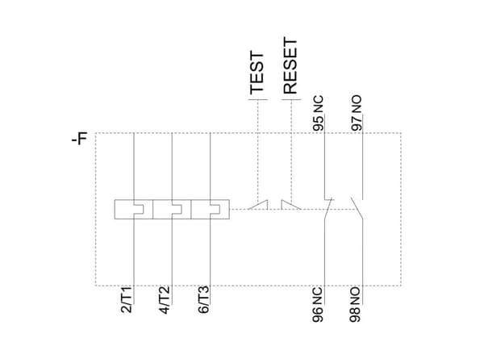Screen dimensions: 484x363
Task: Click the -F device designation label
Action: (x=80, y=138)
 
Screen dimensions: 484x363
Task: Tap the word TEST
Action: (x=257, y=73)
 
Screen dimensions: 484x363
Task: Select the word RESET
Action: (x=290, y=66)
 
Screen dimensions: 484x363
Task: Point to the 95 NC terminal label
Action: (x=319, y=113)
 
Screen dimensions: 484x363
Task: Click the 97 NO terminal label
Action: (x=357, y=113)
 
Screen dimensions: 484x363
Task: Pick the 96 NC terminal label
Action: (x=318, y=305)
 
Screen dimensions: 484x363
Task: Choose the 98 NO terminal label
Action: (x=356, y=305)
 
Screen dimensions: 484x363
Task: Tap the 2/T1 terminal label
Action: (x=127, y=299)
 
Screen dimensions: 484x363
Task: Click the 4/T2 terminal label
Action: (x=165, y=300)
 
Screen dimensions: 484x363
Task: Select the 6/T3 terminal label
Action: (x=203, y=300)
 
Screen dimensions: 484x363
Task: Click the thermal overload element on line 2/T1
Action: (x=134, y=209)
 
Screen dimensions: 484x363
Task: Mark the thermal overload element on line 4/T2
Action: (x=172, y=209)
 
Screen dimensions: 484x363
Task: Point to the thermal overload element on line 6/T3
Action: (x=211, y=209)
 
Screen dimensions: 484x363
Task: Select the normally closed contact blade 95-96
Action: (x=328, y=209)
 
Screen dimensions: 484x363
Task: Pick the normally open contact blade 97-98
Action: (x=357, y=208)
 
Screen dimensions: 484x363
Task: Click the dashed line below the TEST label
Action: (x=258, y=150)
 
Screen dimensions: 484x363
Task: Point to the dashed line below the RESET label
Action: (x=291, y=150)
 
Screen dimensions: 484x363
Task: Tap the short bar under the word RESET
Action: (x=291, y=99)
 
